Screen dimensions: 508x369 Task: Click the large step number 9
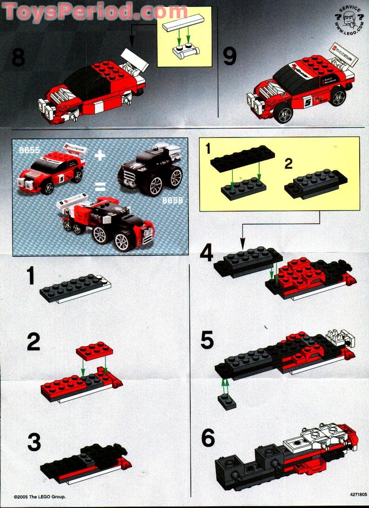click(229, 57)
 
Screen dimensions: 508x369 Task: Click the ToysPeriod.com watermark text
click(88, 10)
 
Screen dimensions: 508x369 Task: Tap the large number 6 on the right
click(208, 439)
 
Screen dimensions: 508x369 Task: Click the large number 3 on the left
click(34, 443)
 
